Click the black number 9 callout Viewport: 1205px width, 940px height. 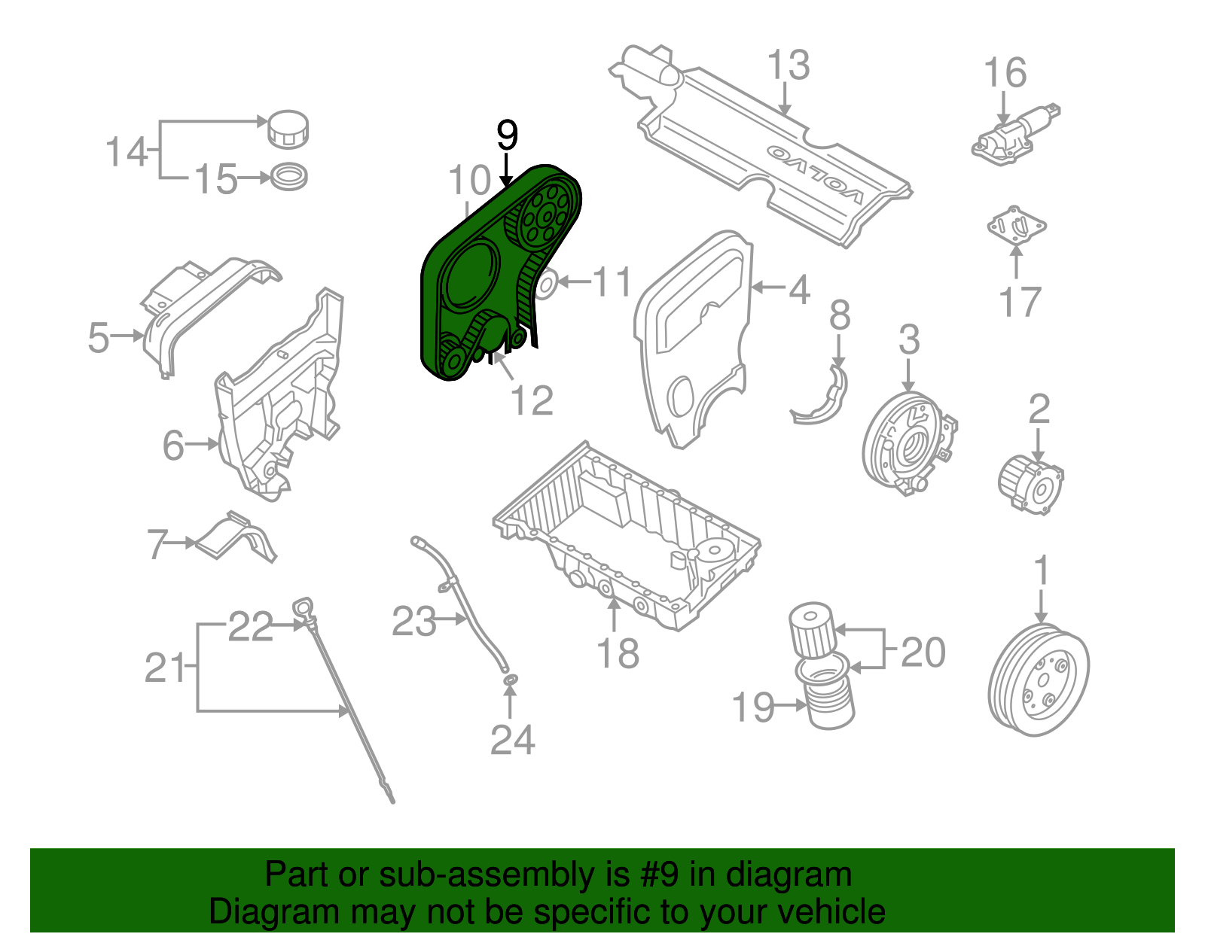coord(507,136)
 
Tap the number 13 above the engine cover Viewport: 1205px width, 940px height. coord(788,66)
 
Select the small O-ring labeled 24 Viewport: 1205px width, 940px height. coord(510,681)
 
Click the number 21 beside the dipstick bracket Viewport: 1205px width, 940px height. coord(165,668)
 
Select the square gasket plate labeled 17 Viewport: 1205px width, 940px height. coord(1016,226)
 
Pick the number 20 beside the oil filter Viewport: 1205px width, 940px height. coord(923,653)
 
